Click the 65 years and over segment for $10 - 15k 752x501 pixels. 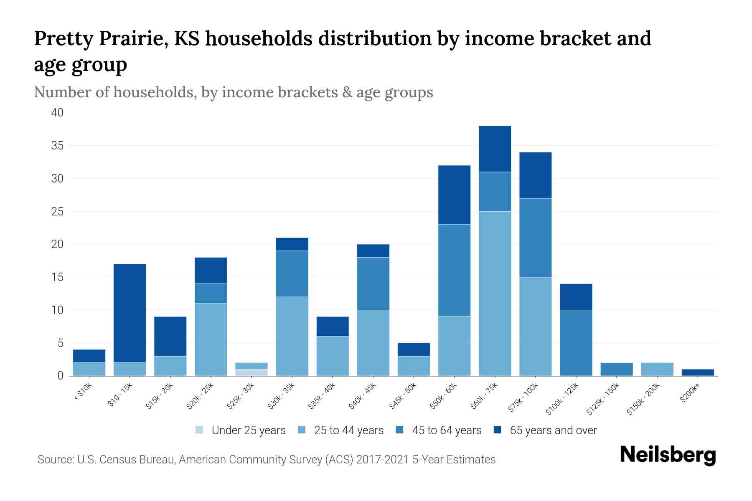click(130, 313)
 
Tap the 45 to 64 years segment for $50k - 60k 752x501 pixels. click(454, 271)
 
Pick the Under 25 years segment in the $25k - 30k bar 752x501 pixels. click(252, 372)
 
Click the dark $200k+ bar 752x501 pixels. click(698, 372)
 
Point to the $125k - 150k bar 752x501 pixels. click(617, 369)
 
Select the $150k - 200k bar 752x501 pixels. click(657, 369)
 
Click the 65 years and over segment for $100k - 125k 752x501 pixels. click(576, 297)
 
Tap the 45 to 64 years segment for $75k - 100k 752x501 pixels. click(535, 238)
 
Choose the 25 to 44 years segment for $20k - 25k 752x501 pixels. click(211, 339)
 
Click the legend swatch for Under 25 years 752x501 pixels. click(200, 430)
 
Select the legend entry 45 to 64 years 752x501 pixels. click(446, 430)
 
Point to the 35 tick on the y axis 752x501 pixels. click(58, 146)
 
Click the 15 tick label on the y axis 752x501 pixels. click(58, 277)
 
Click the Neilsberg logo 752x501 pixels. click(668, 455)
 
